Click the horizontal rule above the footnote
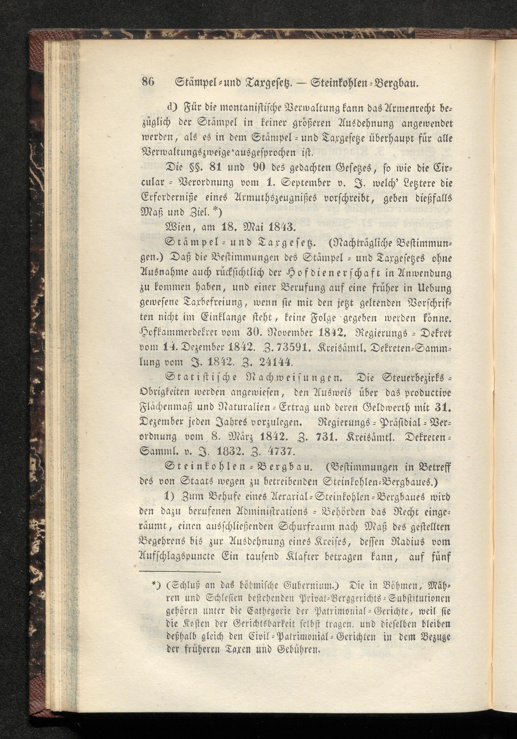pyautogui.click(x=180, y=572)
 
